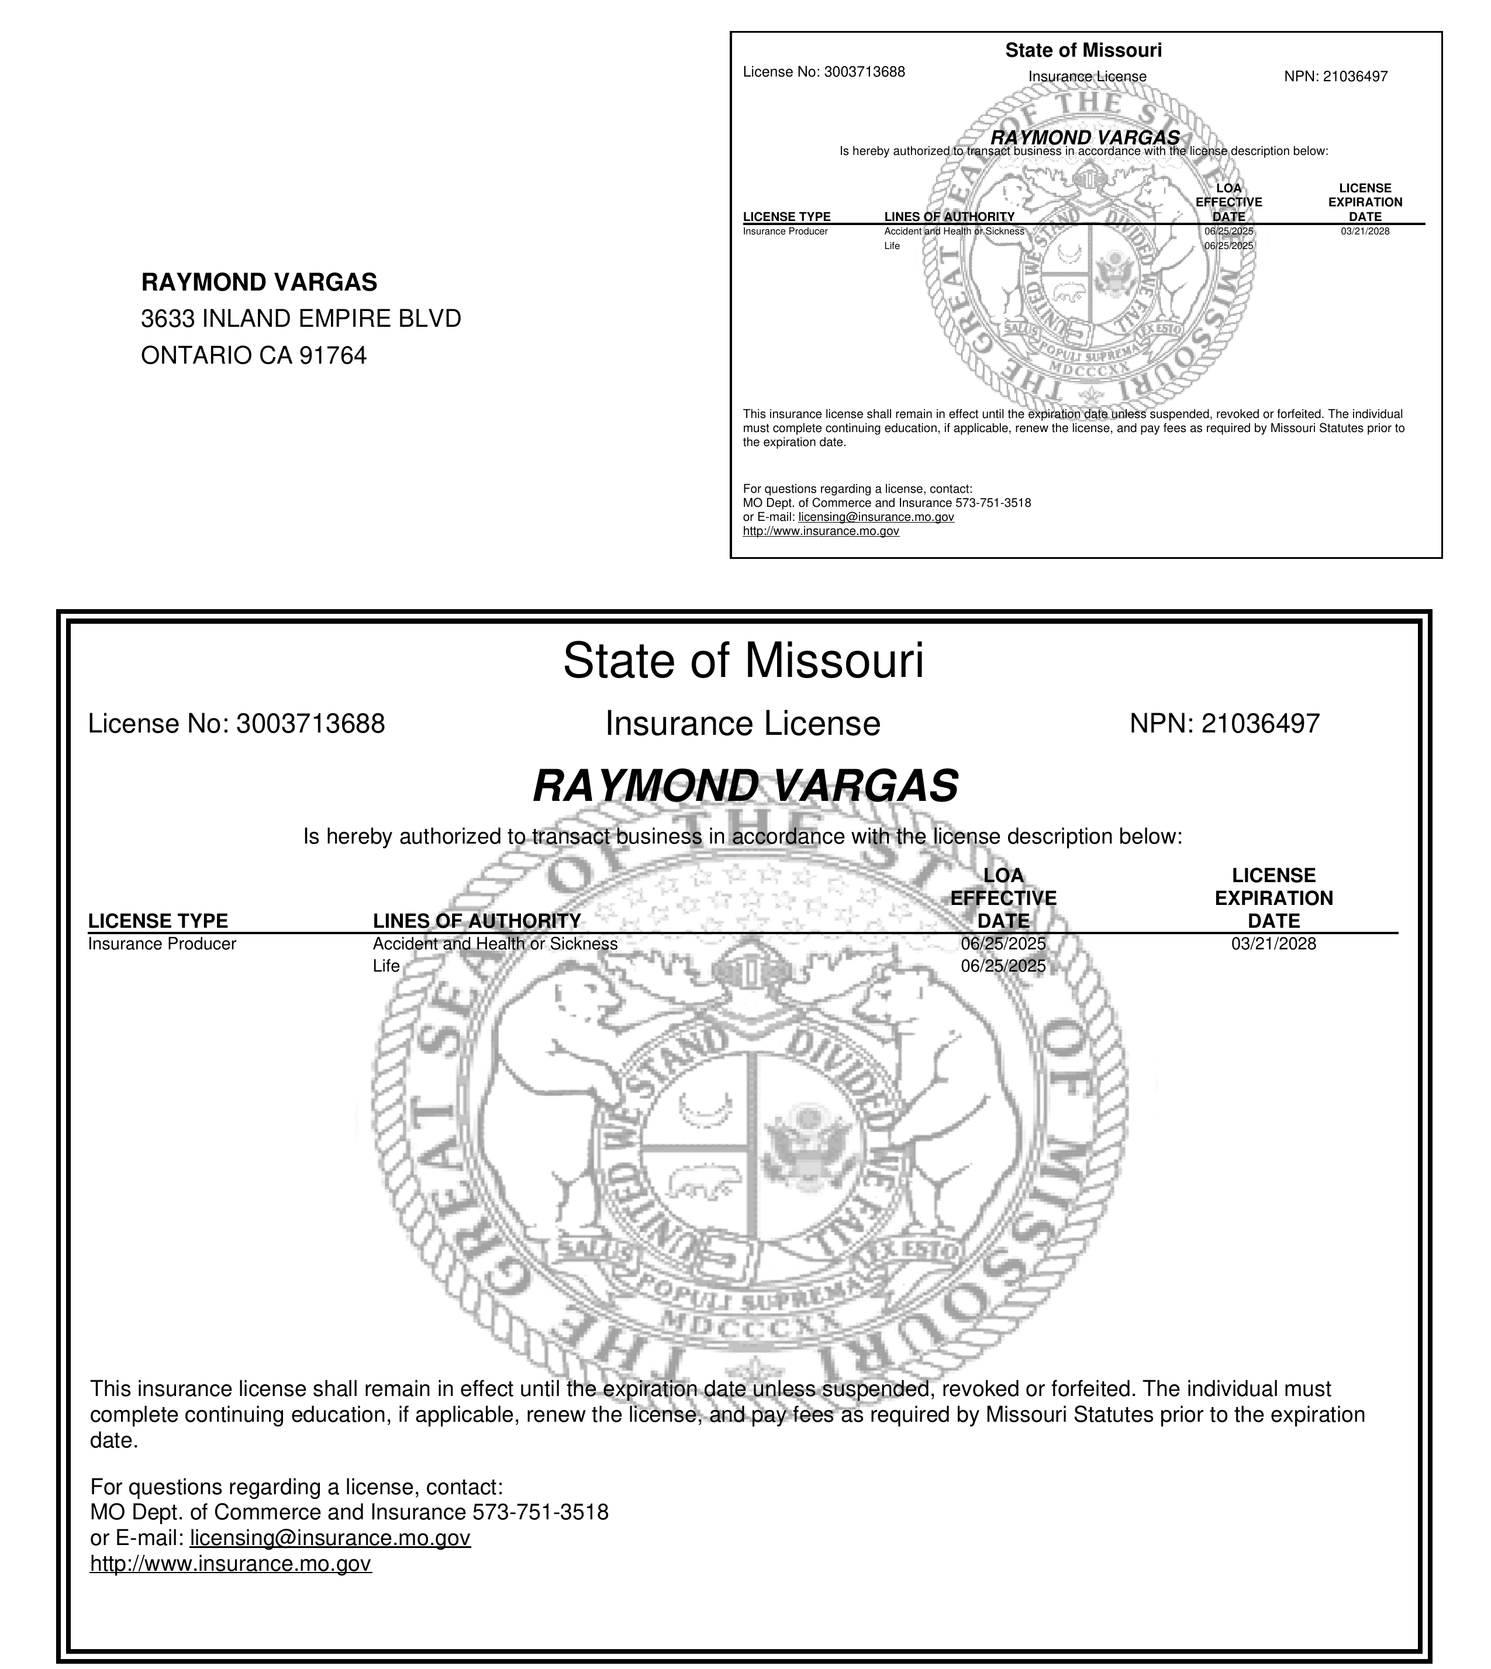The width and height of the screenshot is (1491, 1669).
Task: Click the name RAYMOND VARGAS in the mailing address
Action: coord(259,282)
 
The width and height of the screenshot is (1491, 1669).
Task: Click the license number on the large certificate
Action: coord(310,724)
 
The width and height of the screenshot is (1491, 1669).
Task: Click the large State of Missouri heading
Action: coord(743,661)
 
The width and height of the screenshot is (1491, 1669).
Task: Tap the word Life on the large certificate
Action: coord(386,966)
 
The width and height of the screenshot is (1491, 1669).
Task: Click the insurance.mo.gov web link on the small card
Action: coord(821,531)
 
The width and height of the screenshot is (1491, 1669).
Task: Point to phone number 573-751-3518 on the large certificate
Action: coord(541,1512)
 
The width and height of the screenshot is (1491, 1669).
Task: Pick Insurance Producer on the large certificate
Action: coord(161,944)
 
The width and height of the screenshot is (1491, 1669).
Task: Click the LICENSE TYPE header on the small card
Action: coord(786,217)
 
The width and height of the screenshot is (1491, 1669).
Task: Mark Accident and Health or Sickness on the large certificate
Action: coord(495,944)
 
